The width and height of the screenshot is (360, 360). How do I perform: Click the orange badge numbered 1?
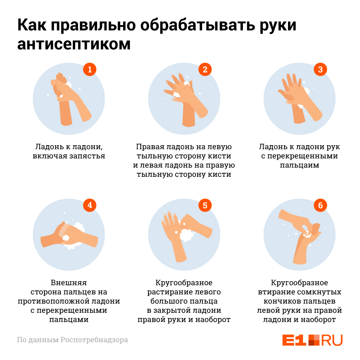(x=90, y=69)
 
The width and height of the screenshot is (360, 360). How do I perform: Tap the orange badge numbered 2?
(x=205, y=69)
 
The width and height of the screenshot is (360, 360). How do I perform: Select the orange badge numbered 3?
(x=320, y=69)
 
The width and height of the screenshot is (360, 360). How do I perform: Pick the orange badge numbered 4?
(x=90, y=205)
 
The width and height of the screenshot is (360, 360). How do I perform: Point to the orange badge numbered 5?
(x=205, y=205)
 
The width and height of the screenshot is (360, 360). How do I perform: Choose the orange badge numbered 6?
(x=320, y=205)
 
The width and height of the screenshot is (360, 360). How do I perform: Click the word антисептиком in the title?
(x=74, y=44)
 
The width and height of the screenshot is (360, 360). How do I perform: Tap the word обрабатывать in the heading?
(x=198, y=25)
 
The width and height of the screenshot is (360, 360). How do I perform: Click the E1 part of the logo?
(x=294, y=340)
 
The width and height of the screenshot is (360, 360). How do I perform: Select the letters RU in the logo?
(x=332, y=340)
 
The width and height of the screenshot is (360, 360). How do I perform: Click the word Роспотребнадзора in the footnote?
(x=94, y=340)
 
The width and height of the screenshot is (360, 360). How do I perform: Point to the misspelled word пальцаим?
(x=299, y=165)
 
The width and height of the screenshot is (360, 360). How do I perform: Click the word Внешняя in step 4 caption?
(x=69, y=283)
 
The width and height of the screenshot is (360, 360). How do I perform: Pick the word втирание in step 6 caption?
(x=278, y=292)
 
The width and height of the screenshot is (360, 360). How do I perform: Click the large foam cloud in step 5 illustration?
(x=186, y=235)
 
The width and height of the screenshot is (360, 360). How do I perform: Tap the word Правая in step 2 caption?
(x=150, y=147)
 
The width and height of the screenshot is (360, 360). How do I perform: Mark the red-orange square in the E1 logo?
(x=314, y=340)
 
